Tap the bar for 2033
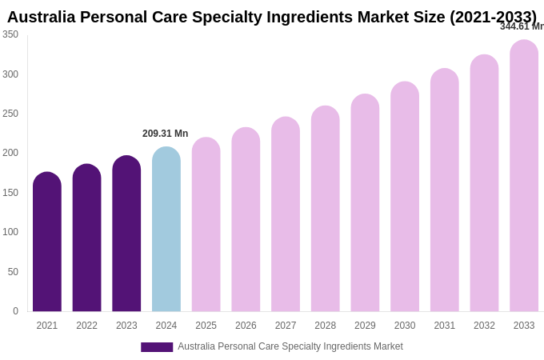click(x=524, y=176)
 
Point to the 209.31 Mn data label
click(x=166, y=134)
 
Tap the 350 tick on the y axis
click(x=10, y=34)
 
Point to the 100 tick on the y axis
click(x=10, y=232)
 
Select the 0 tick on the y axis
click(x=14, y=311)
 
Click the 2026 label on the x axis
click(x=246, y=326)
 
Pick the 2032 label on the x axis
click(x=484, y=326)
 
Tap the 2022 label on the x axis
click(x=86, y=326)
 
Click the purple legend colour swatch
click(x=157, y=347)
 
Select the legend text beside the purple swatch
click(x=290, y=346)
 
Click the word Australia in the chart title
click(x=41, y=17)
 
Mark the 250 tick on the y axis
click(x=10, y=114)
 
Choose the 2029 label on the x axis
click(x=365, y=326)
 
